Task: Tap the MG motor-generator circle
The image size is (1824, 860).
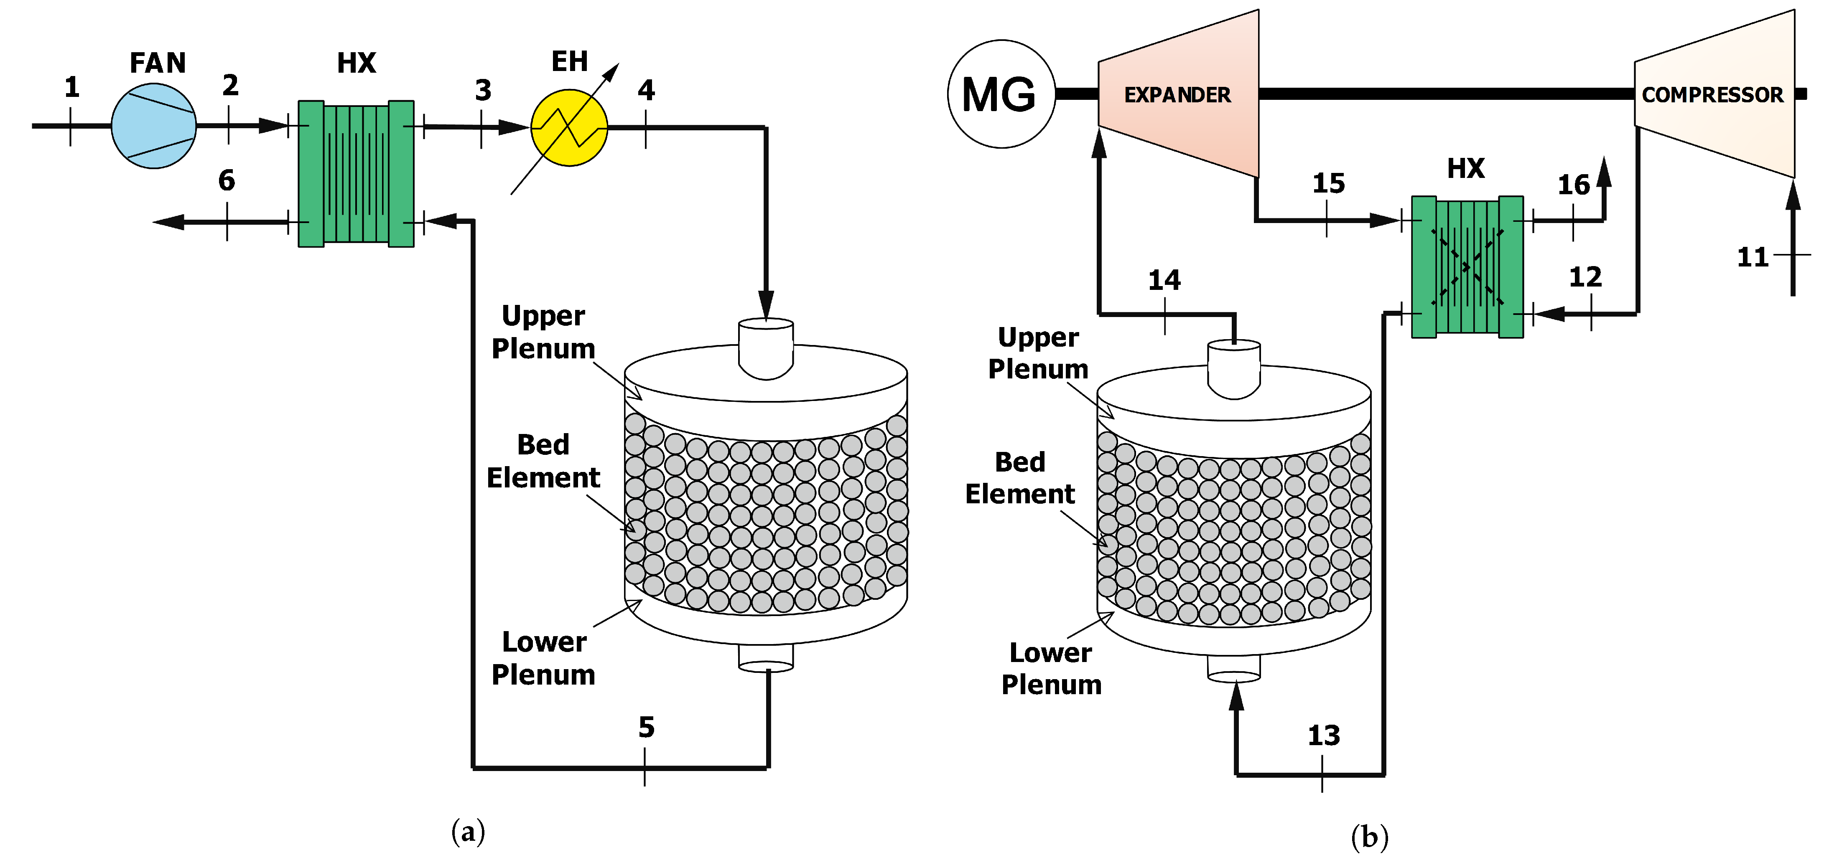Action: click(x=1001, y=94)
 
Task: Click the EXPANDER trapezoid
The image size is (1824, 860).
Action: click(x=1177, y=94)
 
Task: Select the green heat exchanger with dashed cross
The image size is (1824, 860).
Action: click(x=1466, y=267)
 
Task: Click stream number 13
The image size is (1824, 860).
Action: click(x=1323, y=736)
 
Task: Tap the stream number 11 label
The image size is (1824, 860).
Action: click(x=1753, y=257)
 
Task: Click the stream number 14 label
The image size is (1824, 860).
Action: click(x=1164, y=280)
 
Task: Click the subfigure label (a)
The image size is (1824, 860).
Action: click(x=468, y=831)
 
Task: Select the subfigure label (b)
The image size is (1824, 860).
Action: click(x=1369, y=837)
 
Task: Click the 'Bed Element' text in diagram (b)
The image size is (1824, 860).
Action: click(x=1020, y=478)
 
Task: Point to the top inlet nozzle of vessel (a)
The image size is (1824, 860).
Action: click(x=765, y=347)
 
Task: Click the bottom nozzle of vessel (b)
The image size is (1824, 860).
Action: click(x=1233, y=667)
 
